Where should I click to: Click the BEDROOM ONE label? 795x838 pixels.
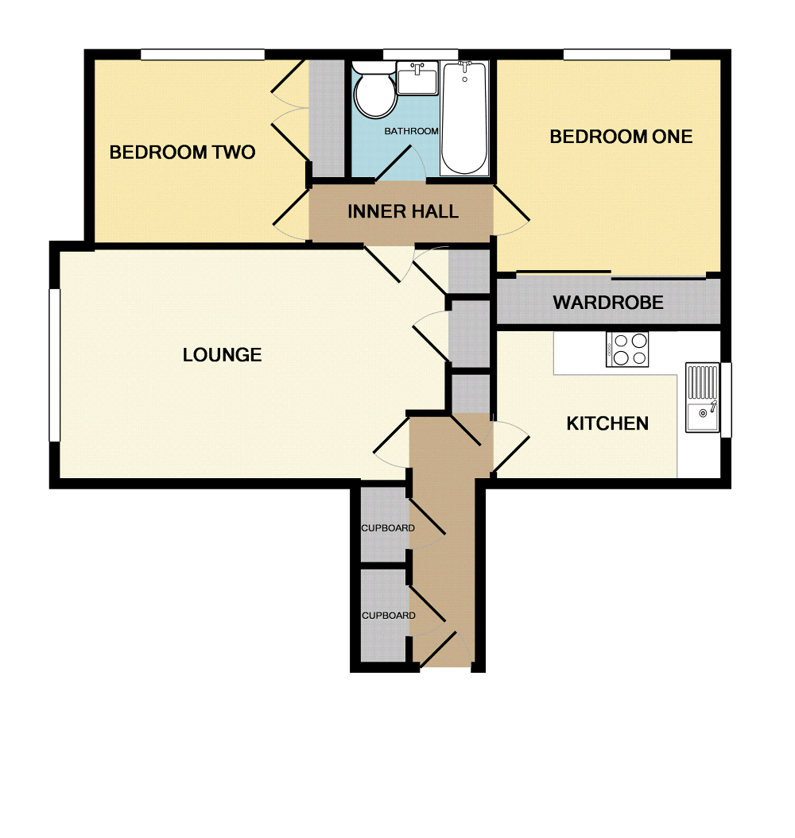pos(621,137)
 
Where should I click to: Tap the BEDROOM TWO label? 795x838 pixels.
pos(182,152)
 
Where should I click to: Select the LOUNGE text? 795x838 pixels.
pos(222,354)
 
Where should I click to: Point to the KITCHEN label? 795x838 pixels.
pos(607,423)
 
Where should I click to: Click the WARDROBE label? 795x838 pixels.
pos(608,303)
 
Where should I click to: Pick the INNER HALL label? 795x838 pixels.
pos(402,211)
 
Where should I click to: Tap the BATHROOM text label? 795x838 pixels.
pos(411,131)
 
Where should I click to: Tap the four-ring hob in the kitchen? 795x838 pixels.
pos(627,349)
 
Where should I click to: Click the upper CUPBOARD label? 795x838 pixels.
pos(388,528)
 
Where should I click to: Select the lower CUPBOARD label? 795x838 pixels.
pos(388,616)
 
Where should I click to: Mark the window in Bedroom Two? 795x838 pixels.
pos(203,54)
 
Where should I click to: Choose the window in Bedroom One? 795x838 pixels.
pos(617,54)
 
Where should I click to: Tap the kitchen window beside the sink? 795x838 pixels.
pos(725,400)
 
